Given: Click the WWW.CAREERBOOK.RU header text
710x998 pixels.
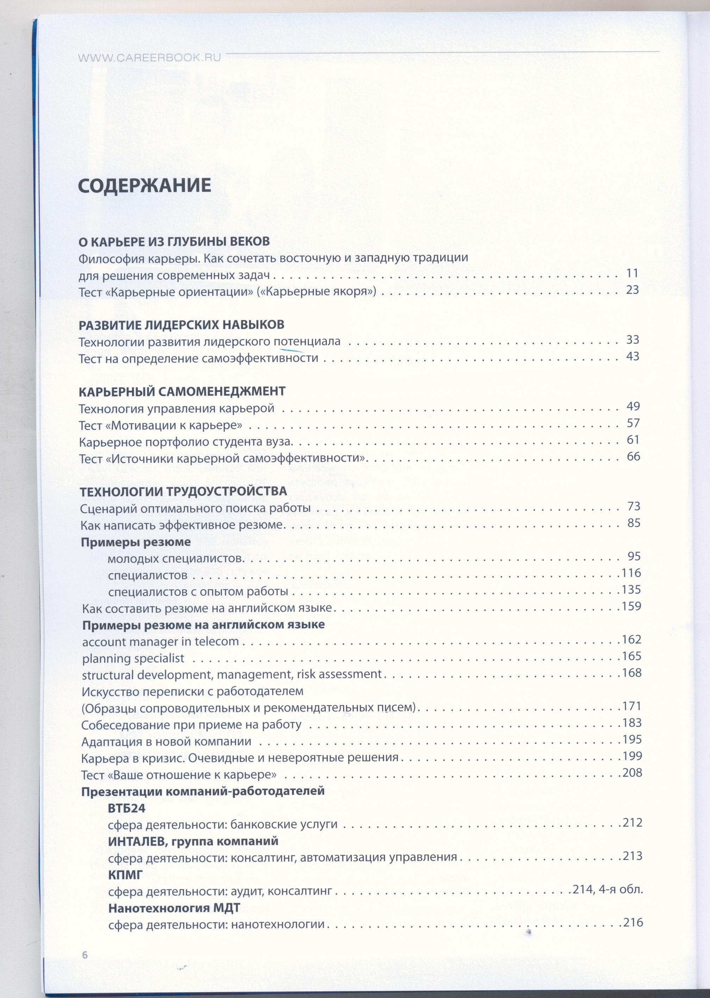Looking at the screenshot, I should point(149,58).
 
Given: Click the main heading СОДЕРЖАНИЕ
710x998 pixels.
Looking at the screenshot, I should point(144,186).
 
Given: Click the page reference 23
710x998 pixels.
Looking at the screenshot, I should point(632,290).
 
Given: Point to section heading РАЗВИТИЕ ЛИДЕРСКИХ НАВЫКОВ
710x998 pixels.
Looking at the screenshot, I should point(181,325).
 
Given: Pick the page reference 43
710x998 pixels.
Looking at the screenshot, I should point(632,356).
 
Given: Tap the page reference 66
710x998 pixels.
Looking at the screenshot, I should point(633,457).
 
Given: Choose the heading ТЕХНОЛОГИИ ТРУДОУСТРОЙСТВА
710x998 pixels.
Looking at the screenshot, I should point(183,491).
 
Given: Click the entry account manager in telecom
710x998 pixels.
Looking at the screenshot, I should point(161,642).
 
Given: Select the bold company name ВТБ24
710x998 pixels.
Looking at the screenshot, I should point(126,808).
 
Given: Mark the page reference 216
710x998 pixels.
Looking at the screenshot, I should point(632,922).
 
